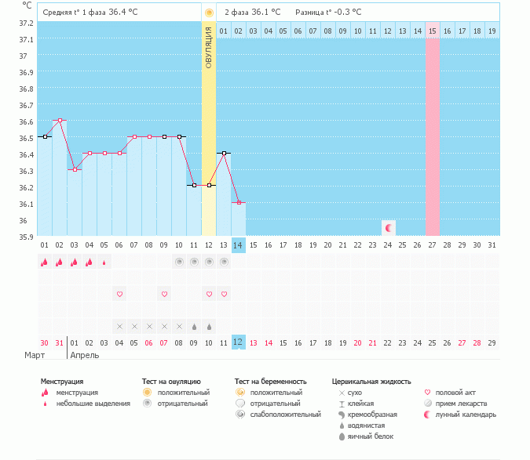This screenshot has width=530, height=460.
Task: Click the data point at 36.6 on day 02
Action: (60, 120)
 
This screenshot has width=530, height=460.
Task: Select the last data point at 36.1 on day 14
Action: (239, 202)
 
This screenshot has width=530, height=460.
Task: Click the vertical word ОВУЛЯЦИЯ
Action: (209, 48)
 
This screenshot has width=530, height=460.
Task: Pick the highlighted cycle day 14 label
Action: (239, 244)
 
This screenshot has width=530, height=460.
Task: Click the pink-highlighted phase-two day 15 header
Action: (433, 31)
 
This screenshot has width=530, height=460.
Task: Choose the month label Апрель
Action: (86, 356)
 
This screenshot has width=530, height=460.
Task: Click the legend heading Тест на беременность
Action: (271, 382)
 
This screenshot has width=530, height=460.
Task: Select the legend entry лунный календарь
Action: (466, 415)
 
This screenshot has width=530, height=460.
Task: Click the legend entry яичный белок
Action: (371, 436)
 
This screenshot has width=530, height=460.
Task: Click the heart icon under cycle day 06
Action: (120, 294)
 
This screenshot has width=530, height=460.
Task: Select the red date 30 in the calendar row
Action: (45, 343)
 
